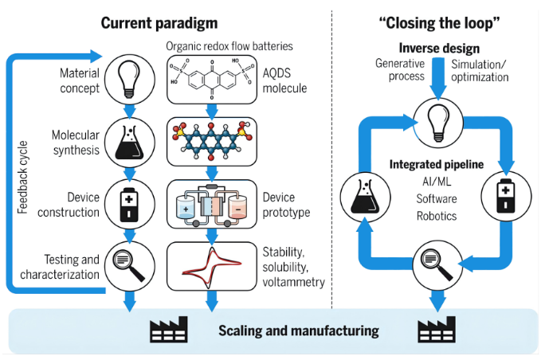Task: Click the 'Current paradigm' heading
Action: click(x=159, y=24)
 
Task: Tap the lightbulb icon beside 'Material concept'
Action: click(x=130, y=80)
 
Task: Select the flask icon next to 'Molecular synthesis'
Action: click(x=130, y=142)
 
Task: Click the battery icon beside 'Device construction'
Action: click(x=130, y=205)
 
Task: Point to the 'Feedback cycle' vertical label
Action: click(x=22, y=178)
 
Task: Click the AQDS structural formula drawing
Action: click(x=212, y=80)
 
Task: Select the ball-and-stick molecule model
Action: click(x=212, y=142)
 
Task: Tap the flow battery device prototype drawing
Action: click(x=212, y=204)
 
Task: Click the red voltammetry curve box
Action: click(x=212, y=267)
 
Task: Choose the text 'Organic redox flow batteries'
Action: click(x=229, y=46)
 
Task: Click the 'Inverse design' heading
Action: click(x=439, y=49)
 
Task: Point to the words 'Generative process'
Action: click(x=400, y=70)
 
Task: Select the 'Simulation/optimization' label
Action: click(x=480, y=71)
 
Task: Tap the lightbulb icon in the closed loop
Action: click(x=438, y=123)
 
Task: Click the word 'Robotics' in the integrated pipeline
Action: click(x=437, y=216)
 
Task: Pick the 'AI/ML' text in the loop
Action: click(x=437, y=182)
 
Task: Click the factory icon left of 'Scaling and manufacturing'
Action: click(x=169, y=330)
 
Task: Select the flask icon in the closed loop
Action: click(x=365, y=197)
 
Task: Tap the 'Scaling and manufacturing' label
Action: click(x=299, y=331)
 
